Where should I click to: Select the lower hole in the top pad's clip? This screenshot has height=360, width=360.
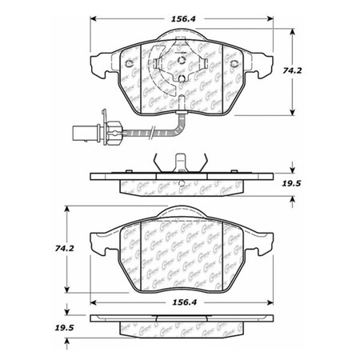coord(182,78)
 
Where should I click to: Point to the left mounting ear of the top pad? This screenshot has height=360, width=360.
coord(99,62)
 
